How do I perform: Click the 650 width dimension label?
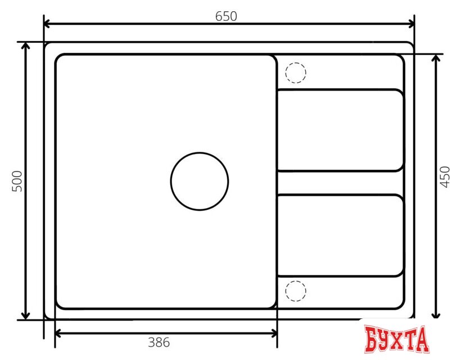[x=226, y=16]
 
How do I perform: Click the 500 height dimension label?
[x=17, y=181]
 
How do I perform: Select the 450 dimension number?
[x=445, y=177]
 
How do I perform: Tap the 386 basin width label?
[x=159, y=341]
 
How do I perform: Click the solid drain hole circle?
[x=200, y=181]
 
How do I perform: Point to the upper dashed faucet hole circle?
[x=296, y=73]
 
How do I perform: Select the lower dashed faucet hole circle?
[x=296, y=291]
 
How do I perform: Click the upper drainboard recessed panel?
[x=340, y=130]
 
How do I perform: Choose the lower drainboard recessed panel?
[x=340, y=236]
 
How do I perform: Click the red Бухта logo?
[x=396, y=340]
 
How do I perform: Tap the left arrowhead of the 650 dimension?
[x=48, y=24]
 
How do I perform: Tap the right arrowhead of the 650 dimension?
[x=411, y=24]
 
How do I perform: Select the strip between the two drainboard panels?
[x=340, y=183]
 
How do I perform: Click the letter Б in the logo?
[x=372, y=340]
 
